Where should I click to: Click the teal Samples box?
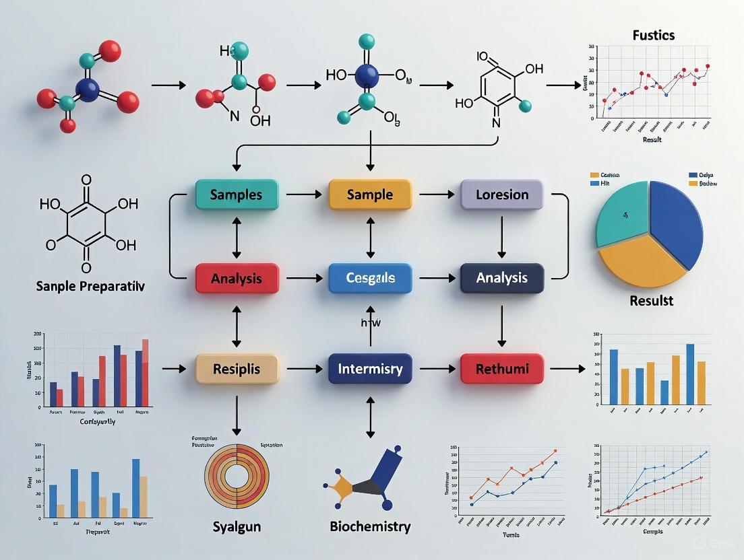click(x=236, y=195)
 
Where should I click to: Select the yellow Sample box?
click(x=369, y=195)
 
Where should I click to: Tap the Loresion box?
click(x=502, y=195)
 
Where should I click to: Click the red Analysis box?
click(x=236, y=277)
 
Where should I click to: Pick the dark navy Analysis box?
click(x=502, y=277)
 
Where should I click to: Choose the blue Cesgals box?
click(x=369, y=277)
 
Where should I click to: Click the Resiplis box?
click(x=236, y=369)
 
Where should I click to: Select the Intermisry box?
click(x=369, y=369)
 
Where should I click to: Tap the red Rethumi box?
click(x=502, y=369)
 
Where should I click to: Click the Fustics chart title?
click(x=653, y=35)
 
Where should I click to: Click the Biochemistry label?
click(x=370, y=526)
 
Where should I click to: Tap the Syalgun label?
click(x=236, y=526)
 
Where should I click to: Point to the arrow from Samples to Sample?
click(x=303, y=195)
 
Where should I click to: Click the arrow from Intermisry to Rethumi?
click(x=436, y=369)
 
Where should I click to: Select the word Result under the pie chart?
click(x=651, y=300)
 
